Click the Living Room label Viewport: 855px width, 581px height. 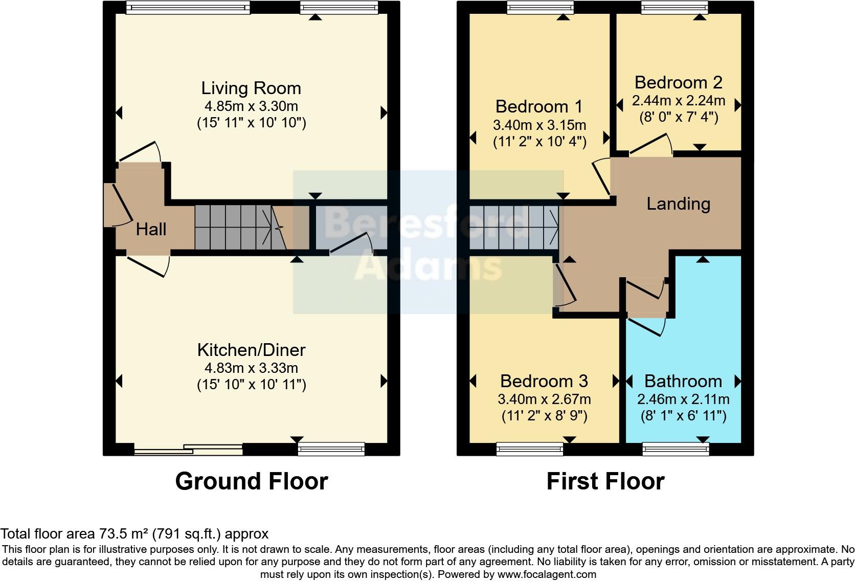pyautogui.click(x=251, y=88)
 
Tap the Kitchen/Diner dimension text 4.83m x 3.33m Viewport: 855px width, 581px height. pyautogui.click(x=251, y=368)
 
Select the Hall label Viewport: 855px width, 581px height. pyautogui.click(x=151, y=229)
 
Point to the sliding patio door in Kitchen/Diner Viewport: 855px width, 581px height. pyautogui.click(x=188, y=450)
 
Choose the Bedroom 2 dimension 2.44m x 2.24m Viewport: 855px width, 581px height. pyautogui.click(x=679, y=101)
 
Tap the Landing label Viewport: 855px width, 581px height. pyautogui.click(x=678, y=204)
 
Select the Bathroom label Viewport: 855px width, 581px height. pyautogui.click(x=683, y=381)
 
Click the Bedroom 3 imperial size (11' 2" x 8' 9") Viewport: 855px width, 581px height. pyautogui.click(x=544, y=416)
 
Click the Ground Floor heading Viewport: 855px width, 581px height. pyautogui.click(x=251, y=481)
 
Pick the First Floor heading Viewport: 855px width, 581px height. pyautogui.click(x=605, y=481)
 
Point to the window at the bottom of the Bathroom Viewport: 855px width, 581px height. pyautogui.click(x=676, y=450)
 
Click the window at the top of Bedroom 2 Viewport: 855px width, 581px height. pyautogui.click(x=675, y=7)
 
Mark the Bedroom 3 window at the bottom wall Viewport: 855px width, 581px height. pyautogui.click(x=529, y=450)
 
